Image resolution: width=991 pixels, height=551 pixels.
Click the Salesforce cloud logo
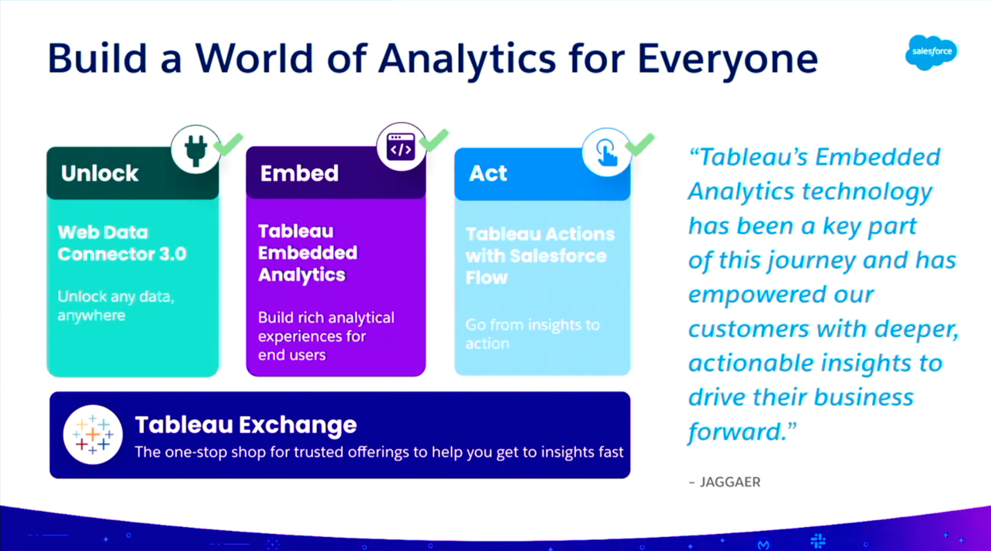(931, 52)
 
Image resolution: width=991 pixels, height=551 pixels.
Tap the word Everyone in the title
(727, 59)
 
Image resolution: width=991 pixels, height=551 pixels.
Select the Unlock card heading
(100, 173)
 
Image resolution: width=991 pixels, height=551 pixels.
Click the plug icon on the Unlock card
(195, 150)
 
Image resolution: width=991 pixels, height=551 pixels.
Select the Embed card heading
(299, 173)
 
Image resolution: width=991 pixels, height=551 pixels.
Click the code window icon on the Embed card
(401, 147)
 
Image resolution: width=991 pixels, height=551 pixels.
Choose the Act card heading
(487, 173)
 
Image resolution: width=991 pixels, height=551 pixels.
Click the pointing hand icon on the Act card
(606, 152)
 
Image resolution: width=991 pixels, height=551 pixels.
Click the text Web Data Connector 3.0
(122, 243)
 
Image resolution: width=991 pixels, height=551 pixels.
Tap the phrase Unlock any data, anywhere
(115, 306)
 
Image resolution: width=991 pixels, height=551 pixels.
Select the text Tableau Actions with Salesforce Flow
(539, 256)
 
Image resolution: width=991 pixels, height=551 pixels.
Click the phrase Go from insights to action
(532, 334)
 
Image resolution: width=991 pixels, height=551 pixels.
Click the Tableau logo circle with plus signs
(92, 434)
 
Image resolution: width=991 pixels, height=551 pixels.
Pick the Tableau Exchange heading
(245, 425)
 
